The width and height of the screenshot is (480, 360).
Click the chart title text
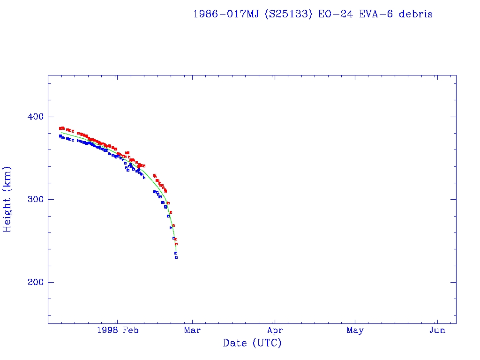(x=313, y=14)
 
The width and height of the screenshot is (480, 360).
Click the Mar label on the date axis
(x=192, y=330)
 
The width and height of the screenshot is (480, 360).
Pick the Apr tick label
(x=275, y=330)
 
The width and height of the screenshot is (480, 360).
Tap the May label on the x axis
(x=355, y=330)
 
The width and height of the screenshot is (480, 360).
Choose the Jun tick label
(x=437, y=330)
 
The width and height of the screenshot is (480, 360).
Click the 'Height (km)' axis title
(x=7, y=199)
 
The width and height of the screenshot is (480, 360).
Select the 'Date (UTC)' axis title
(x=252, y=343)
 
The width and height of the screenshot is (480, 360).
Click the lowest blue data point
(x=176, y=257)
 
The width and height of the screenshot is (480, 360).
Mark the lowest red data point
(x=176, y=244)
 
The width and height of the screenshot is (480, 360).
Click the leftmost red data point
(x=60, y=128)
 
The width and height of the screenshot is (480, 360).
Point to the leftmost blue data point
(x=60, y=136)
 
